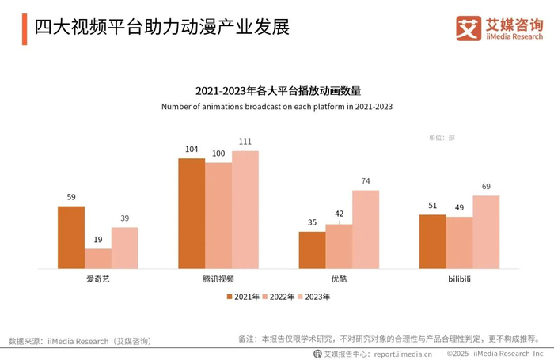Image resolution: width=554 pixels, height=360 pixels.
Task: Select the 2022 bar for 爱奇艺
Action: pos(98,259)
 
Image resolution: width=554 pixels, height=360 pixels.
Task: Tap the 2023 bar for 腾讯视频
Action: pos(245,210)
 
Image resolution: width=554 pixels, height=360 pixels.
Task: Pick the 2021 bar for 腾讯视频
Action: pos(192,214)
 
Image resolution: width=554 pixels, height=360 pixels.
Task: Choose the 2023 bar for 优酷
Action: pos(366,229)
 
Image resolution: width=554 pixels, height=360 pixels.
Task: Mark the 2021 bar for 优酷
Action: pos(312,250)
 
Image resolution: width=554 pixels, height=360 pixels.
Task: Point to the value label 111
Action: pos(245,142)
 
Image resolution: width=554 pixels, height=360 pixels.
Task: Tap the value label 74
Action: pos(366,182)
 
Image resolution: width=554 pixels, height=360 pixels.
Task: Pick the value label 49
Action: pos(459,208)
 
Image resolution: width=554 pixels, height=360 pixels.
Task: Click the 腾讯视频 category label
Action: pos(218,280)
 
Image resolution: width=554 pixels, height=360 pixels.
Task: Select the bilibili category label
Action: pos(459,280)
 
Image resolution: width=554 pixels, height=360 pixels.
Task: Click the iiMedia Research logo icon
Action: pos(469,28)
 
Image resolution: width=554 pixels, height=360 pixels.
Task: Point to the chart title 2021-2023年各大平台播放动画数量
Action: pos(277,91)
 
